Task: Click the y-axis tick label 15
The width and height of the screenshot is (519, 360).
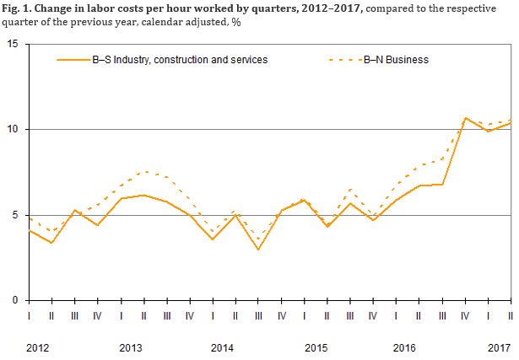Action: (x=13, y=44)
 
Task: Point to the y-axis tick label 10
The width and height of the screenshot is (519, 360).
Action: (x=13, y=130)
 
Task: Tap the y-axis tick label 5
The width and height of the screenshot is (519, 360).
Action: (x=15, y=215)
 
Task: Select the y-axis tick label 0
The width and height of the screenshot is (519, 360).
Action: (x=15, y=300)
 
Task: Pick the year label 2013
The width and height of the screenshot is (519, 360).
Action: (x=131, y=347)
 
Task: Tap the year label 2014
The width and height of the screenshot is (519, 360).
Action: (x=223, y=347)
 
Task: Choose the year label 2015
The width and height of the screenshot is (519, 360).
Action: (x=316, y=347)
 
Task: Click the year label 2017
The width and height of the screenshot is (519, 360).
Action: (x=499, y=347)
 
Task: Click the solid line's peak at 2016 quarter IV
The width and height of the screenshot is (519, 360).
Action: (x=465, y=118)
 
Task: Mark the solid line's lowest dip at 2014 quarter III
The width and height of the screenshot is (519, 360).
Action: (x=258, y=250)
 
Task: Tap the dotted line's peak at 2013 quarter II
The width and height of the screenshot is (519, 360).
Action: (x=143, y=172)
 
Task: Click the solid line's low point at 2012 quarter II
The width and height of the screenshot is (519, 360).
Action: (x=52, y=243)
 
